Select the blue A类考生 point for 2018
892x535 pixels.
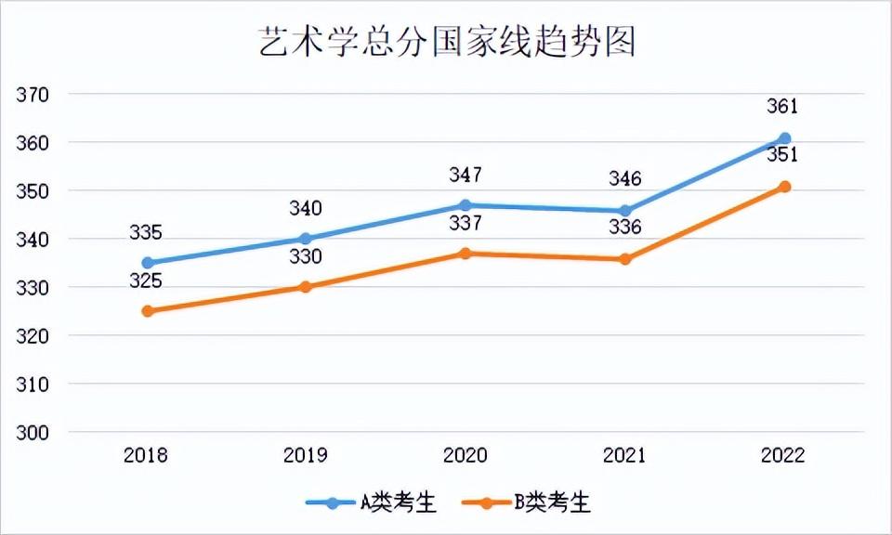(x=147, y=263)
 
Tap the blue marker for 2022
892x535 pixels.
(x=784, y=138)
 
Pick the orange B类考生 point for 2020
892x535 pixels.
(x=466, y=254)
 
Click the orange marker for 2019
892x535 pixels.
(x=306, y=287)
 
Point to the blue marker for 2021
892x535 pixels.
(x=625, y=211)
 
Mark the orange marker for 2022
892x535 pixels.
(x=784, y=187)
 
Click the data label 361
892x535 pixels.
(x=782, y=106)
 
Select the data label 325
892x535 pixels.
(x=146, y=281)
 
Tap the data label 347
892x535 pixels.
(x=466, y=175)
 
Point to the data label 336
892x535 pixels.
(x=624, y=228)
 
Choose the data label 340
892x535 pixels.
(x=306, y=208)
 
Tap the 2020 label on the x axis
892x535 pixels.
(x=466, y=456)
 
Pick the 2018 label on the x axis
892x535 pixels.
(x=146, y=456)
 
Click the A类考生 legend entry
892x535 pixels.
(x=384, y=503)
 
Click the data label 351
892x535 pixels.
(x=782, y=155)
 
